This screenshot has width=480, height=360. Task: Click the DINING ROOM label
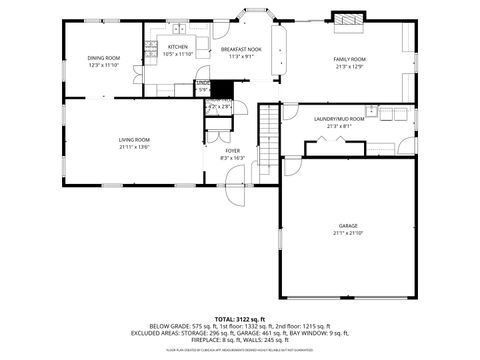[x=103, y=58]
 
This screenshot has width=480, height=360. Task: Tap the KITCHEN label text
[x=178, y=47]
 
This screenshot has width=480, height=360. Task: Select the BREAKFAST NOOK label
[x=241, y=49]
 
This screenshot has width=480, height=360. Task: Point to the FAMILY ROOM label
[x=349, y=59]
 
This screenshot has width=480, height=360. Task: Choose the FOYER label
[x=232, y=150]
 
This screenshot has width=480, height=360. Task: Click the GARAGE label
[x=348, y=226]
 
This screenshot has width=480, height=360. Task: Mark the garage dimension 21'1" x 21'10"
[x=348, y=233]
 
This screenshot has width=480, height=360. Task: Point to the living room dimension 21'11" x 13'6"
[x=134, y=147]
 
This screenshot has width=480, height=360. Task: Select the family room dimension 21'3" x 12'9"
[x=349, y=67]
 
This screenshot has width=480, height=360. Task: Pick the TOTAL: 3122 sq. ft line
[x=240, y=317]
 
